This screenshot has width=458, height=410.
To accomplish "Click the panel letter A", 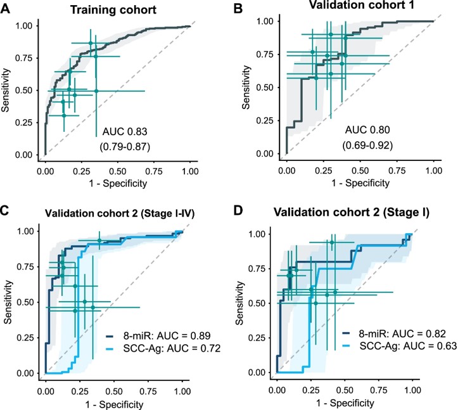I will click(x=6, y=8).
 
